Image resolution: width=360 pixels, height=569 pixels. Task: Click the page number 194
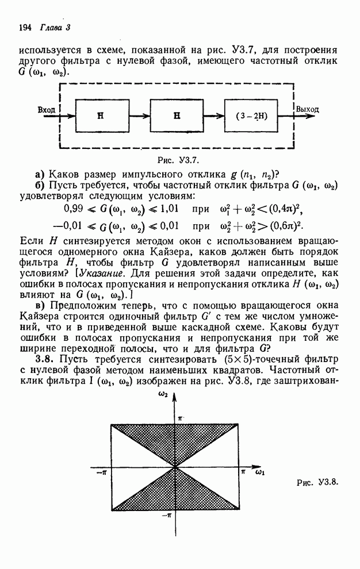25,28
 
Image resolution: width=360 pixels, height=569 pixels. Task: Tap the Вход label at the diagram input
46,109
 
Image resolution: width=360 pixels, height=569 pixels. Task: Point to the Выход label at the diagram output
308,109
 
